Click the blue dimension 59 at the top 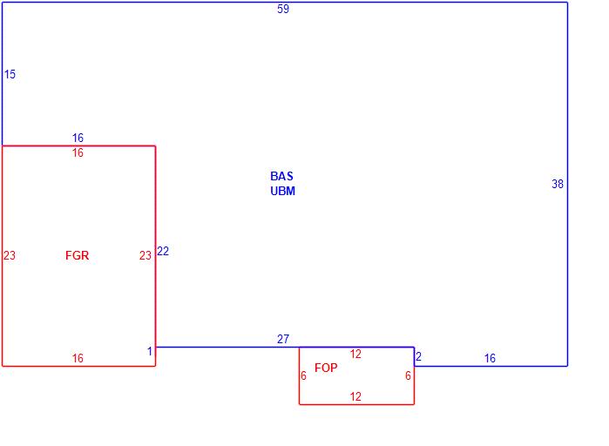click(x=283, y=10)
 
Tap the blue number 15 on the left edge click(x=10, y=75)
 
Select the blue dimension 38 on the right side click(x=558, y=184)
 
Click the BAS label click(x=281, y=176)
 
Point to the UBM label click(x=282, y=191)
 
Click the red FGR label click(x=77, y=255)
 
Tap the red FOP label click(x=326, y=368)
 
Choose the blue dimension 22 click(x=163, y=252)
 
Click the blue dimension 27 click(x=283, y=340)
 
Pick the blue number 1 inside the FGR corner click(x=149, y=351)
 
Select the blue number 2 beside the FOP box click(x=418, y=356)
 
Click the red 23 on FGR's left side click(x=10, y=255)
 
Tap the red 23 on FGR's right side click(x=145, y=255)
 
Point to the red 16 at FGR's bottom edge click(x=78, y=358)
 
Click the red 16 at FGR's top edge click(x=78, y=153)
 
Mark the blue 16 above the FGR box click(x=78, y=139)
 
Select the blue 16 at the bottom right click(x=490, y=358)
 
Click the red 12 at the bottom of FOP click(x=355, y=396)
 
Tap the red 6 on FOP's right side click(x=407, y=375)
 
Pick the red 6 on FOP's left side click(x=303, y=375)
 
